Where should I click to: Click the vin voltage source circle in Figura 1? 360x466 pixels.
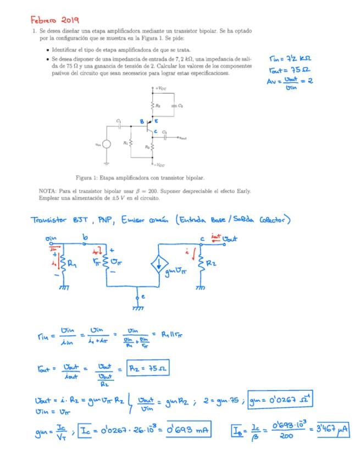click(107, 144)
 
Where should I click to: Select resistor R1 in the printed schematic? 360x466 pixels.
click(130, 142)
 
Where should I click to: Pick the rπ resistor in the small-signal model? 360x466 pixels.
click(107, 262)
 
